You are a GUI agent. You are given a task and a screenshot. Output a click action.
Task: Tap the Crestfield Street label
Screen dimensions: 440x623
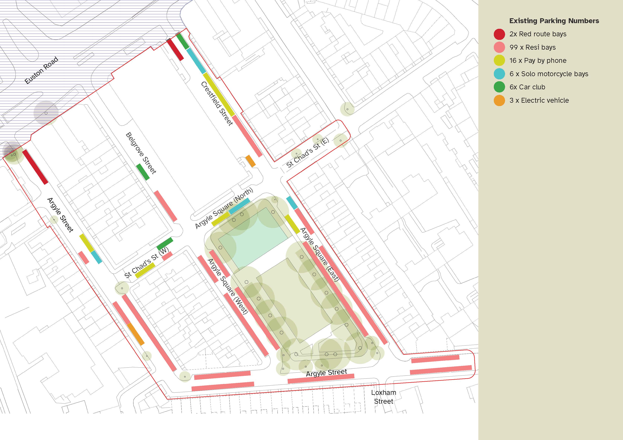coord(217,104)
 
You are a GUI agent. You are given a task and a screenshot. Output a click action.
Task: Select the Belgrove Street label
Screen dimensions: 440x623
coord(141,153)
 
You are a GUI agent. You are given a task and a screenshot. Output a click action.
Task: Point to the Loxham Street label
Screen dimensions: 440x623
coord(383,397)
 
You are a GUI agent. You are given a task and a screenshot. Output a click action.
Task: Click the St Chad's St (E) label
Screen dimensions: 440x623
coord(307,153)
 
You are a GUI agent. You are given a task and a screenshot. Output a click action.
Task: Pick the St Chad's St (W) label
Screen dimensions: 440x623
coord(147,263)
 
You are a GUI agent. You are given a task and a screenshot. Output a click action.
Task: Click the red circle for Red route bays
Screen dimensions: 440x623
coord(499,34)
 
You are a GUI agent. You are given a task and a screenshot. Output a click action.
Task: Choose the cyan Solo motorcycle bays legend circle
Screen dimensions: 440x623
coord(499,74)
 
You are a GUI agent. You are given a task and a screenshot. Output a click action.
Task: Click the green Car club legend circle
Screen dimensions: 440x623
coord(499,87)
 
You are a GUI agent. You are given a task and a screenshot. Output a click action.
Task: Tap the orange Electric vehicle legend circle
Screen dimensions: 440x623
coord(499,100)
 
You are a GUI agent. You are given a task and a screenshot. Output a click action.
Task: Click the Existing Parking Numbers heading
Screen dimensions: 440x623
coord(554,21)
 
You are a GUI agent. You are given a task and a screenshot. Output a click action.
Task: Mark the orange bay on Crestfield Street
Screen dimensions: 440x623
coord(250,161)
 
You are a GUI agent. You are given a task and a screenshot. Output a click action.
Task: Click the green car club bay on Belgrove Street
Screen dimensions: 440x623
coord(143,172)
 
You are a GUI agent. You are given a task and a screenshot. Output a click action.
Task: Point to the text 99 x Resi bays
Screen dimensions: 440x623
coord(532,47)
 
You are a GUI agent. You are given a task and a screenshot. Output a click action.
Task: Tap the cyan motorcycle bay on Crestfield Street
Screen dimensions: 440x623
coord(196,61)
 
